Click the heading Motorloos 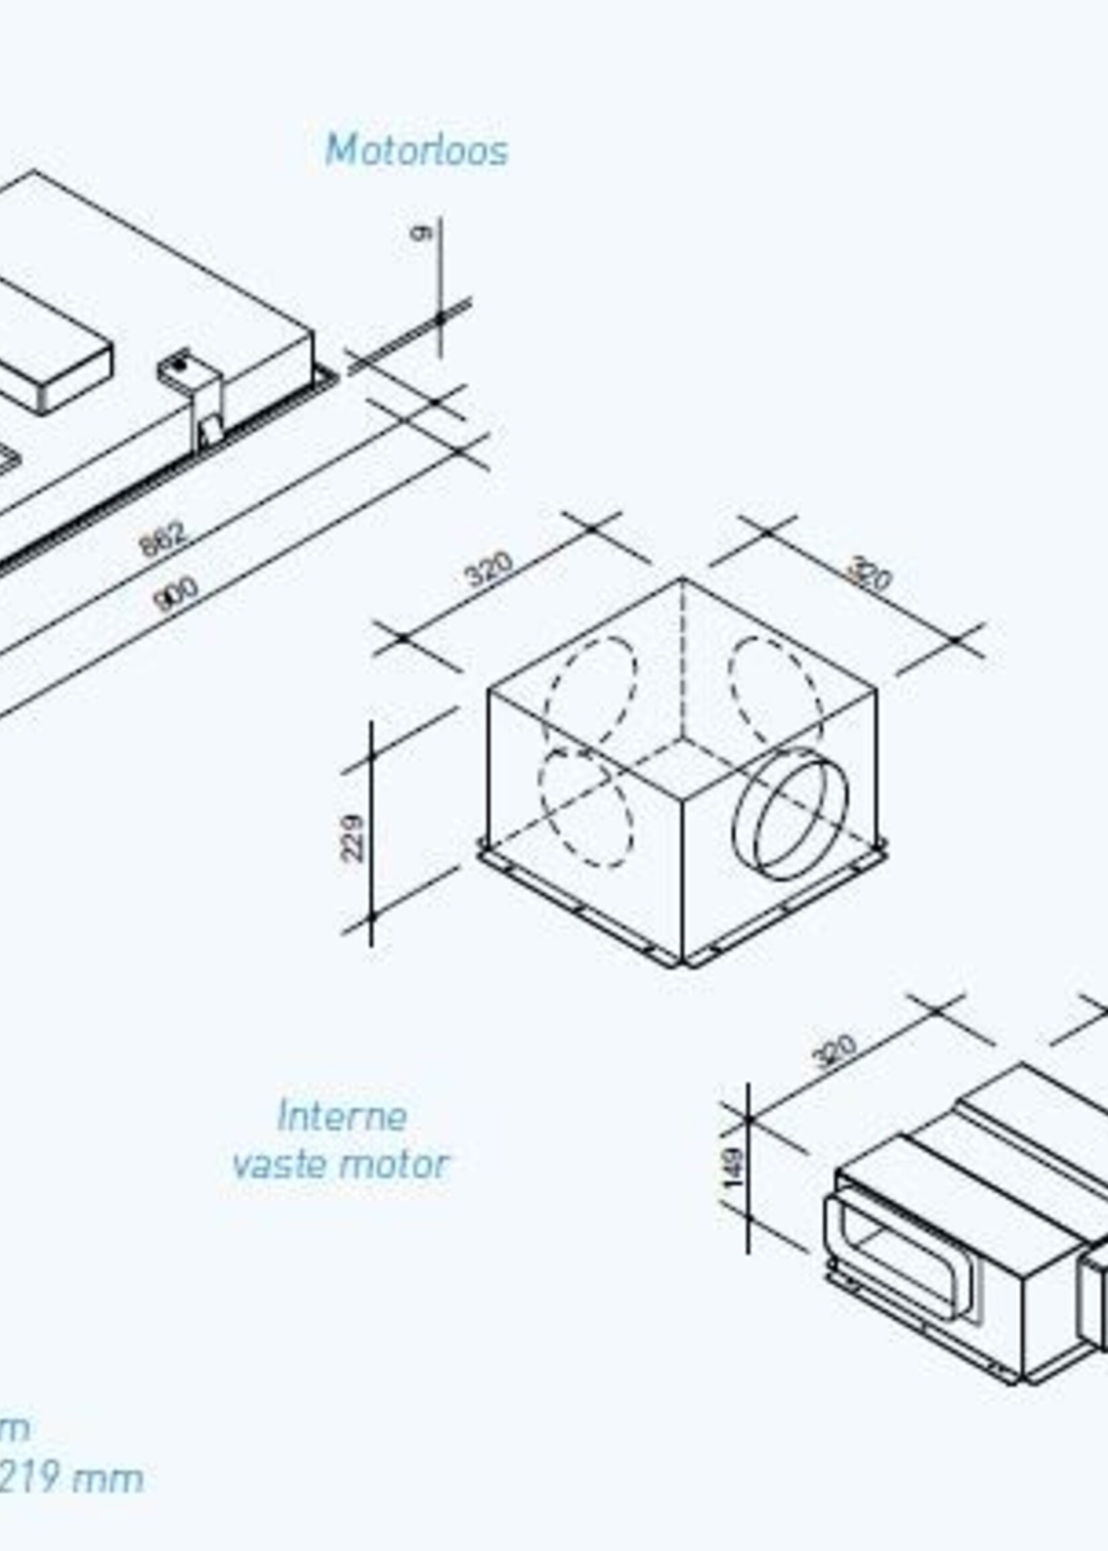(417, 150)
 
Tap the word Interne (342, 1116)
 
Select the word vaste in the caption (278, 1163)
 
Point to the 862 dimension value (162, 539)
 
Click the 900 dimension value (175, 594)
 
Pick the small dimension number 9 (421, 233)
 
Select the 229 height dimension (353, 838)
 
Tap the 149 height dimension (734, 1167)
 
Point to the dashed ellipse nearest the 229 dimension (586, 807)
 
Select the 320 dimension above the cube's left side (488, 569)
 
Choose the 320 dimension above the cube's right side (869, 574)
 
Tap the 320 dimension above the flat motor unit (835, 1051)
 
